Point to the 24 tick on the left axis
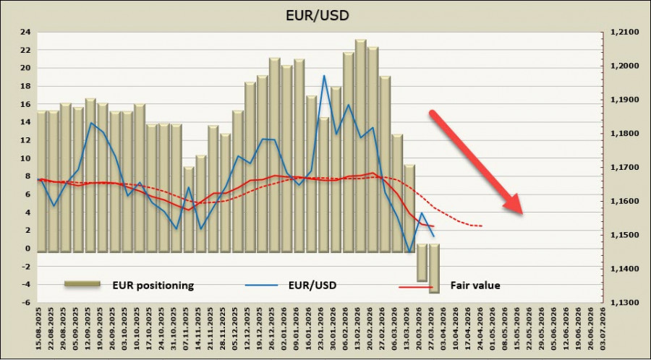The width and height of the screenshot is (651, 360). pos(25,32)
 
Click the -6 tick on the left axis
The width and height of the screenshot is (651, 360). pos(25,303)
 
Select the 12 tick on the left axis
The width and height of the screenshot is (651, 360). pos(25,140)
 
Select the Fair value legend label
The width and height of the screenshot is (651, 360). pos(475,286)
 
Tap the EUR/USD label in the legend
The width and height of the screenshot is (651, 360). pos(312,286)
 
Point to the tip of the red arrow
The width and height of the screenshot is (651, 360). pos(522,213)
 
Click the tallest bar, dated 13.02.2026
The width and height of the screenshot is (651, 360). pos(360,145)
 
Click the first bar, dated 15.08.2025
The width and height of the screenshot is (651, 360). pos(42,181)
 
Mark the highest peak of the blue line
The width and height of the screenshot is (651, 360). pos(324,75)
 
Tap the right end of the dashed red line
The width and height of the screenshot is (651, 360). pos(482,226)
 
